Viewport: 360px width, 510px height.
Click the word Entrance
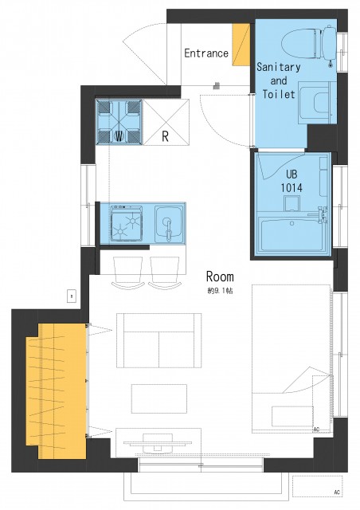(206, 53)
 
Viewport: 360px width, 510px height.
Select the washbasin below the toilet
(318, 103)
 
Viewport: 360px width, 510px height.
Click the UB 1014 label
(292, 181)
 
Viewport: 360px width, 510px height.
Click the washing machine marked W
(119, 122)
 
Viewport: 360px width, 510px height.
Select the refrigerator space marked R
(166, 122)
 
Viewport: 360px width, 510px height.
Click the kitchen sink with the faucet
(169, 224)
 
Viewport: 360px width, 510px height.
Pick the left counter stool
(127, 272)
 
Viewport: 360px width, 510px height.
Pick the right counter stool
(165, 272)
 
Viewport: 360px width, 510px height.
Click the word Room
(220, 277)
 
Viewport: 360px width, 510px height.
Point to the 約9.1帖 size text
(220, 290)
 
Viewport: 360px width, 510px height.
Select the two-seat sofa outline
(159, 340)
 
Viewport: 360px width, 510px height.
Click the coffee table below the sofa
(159, 398)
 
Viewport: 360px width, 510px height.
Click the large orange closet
(57, 391)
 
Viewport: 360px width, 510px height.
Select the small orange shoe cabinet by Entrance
(241, 45)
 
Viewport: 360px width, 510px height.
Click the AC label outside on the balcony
(337, 492)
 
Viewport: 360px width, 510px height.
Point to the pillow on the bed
(292, 416)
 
